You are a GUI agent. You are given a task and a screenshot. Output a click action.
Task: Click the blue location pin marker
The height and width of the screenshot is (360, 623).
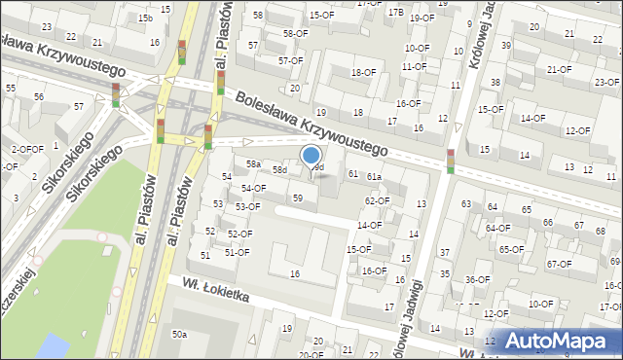[x=311, y=157]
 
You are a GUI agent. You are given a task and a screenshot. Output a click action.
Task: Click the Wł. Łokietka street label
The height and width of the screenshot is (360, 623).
[x=209, y=288]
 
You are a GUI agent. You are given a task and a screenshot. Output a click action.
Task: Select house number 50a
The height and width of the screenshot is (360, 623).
[x=179, y=335]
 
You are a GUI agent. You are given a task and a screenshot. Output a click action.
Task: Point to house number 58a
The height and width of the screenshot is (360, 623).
[x=253, y=164]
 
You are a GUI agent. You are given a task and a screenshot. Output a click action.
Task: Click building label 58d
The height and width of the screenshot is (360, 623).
[x=279, y=170]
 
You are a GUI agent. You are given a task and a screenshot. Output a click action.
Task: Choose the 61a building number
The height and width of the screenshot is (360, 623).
[x=374, y=176]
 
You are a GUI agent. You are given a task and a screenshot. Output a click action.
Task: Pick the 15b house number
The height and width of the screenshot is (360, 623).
[x=145, y=18]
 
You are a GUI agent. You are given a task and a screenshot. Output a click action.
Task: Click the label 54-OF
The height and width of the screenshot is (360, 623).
[x=254, y=188]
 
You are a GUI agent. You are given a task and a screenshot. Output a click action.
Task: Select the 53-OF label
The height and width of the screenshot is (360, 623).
[x=247, y=206]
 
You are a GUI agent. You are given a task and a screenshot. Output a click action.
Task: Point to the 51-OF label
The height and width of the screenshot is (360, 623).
[x=238, y=252]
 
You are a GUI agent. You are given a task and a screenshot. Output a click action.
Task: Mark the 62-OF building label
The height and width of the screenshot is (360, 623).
[x=377, y=200]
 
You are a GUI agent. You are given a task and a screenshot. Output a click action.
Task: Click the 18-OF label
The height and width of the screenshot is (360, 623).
[x=363, y=72]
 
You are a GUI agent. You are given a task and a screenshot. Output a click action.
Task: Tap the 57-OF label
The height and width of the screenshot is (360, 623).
[x=290, y=60]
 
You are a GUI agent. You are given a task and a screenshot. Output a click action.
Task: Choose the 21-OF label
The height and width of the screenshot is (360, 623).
[x=559, y=69]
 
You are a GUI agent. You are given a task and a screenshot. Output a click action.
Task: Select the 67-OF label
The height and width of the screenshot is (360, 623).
[x=559, y=264]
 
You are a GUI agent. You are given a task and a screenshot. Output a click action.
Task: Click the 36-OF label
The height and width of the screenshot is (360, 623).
[x=477, y=280]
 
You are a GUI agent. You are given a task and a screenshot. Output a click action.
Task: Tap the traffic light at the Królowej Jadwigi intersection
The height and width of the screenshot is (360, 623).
[x=451, y=161]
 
